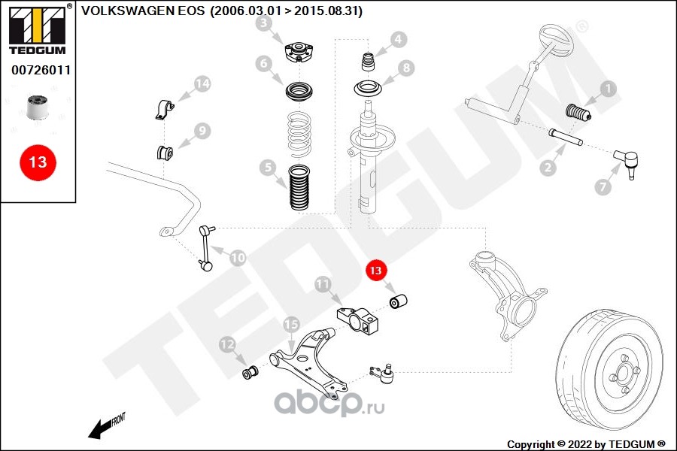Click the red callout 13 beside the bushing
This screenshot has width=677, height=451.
click(x=375, y=269)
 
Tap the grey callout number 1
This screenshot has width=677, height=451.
click(x=607, y=89)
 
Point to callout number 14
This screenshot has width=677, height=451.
click(x=202, y=83)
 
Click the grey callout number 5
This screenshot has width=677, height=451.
click(x=265, y=167)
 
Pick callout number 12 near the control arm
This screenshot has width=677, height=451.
click(x=227, y=344)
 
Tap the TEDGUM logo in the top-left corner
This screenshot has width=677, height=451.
click(x=37, y=30)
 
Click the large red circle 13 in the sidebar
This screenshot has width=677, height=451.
click(x=38, y=162)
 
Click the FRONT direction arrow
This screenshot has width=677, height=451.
click(x=105, y=426)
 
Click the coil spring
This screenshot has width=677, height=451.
click(x=299, y=135)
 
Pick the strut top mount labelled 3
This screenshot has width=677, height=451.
click(x=299, y=53)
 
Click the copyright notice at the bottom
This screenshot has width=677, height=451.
click(x=587, y=443)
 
